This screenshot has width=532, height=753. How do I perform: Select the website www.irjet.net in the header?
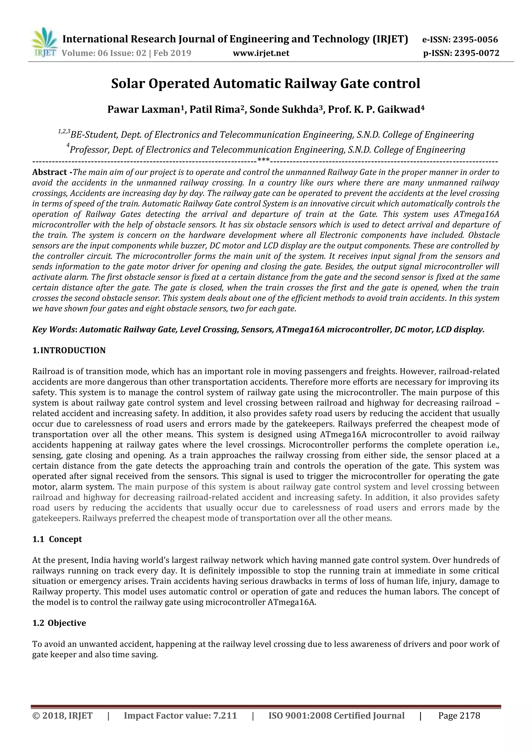tap(261, 53)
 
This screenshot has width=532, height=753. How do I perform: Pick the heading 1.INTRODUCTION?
tap(69, 350)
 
